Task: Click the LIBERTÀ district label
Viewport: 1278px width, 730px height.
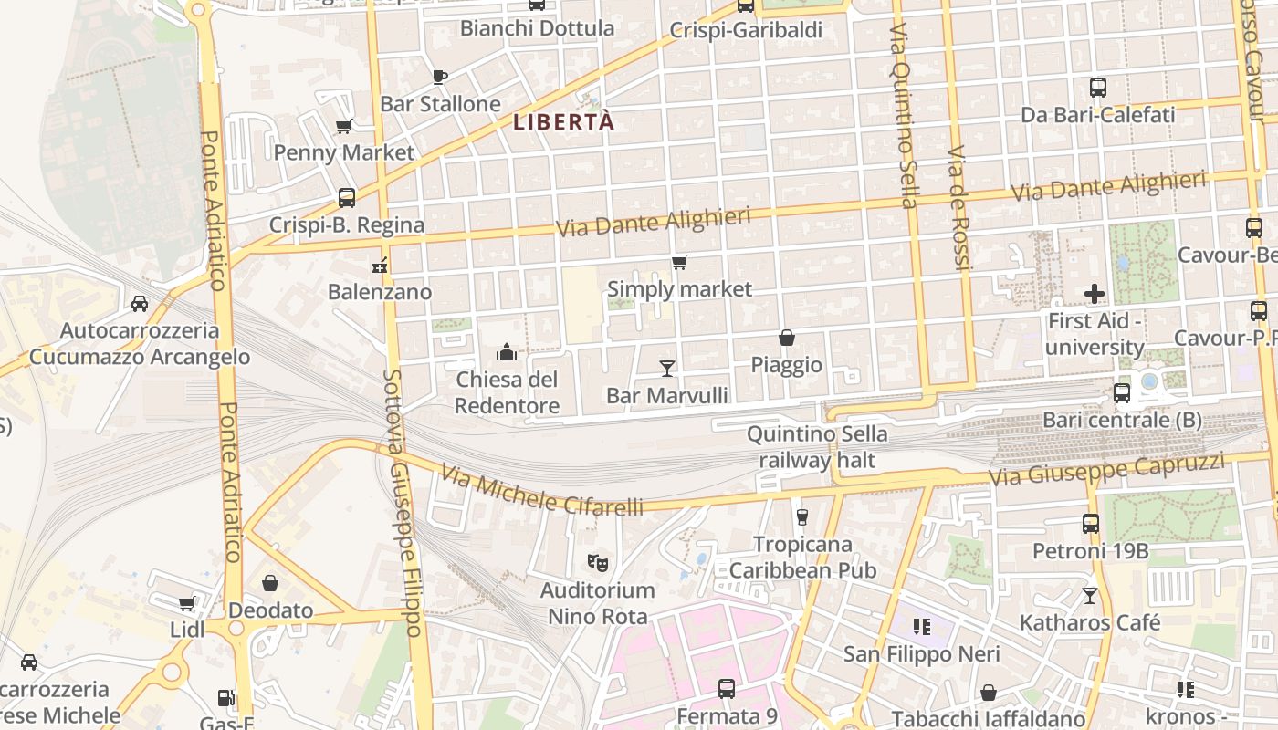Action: coord(563,121)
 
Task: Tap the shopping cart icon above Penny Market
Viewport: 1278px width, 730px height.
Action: coord(344,126)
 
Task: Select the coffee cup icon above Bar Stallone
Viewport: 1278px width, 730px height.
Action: coord(440,77)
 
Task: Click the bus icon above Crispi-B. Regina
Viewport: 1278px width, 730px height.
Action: coord(346,197)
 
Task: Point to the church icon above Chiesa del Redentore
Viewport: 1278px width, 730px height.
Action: coord(506,351)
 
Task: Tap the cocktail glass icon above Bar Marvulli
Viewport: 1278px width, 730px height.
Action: coord(667,368)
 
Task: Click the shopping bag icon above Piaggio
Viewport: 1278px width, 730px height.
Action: coord(786,338)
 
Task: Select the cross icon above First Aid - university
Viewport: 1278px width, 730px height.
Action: coord(1094,294)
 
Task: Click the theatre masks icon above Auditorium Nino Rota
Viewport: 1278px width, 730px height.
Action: coord(598,562)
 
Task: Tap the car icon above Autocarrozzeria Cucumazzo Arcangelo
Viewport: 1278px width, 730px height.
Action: coord(140,303)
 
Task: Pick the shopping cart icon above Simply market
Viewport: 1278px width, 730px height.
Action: coord(679,263)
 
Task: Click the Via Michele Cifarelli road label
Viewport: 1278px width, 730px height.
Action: coord(541,490)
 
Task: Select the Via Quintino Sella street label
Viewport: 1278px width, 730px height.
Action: coord(902,116)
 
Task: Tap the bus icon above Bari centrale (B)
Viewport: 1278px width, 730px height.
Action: coord(1122,393)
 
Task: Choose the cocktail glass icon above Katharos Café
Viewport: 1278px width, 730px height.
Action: coord(1089,596)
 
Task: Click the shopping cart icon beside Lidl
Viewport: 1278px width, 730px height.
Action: coord(187,603)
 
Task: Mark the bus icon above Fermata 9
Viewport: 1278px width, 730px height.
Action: coord(727,688)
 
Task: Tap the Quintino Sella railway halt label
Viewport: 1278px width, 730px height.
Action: coord(817,447)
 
